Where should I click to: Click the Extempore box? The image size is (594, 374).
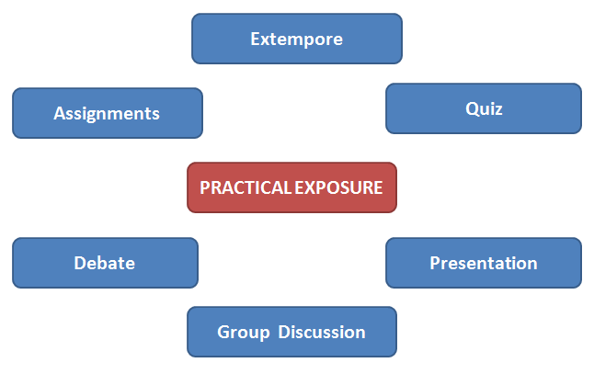coord(296,39)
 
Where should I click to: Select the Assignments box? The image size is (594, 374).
coord(107,113)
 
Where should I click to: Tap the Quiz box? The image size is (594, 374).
coord(483,108)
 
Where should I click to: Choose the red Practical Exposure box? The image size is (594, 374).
coord(291,187)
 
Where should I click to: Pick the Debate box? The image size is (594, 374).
coord(105,263)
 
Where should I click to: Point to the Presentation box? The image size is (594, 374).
coord(483,263)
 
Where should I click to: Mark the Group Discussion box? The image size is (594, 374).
coord(291,332)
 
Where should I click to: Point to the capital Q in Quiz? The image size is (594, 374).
coord(471,109)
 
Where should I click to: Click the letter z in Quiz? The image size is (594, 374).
coord(498,109)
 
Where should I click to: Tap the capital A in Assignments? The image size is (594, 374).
coord(59,114)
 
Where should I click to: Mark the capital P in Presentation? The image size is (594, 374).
coord(435,264)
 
